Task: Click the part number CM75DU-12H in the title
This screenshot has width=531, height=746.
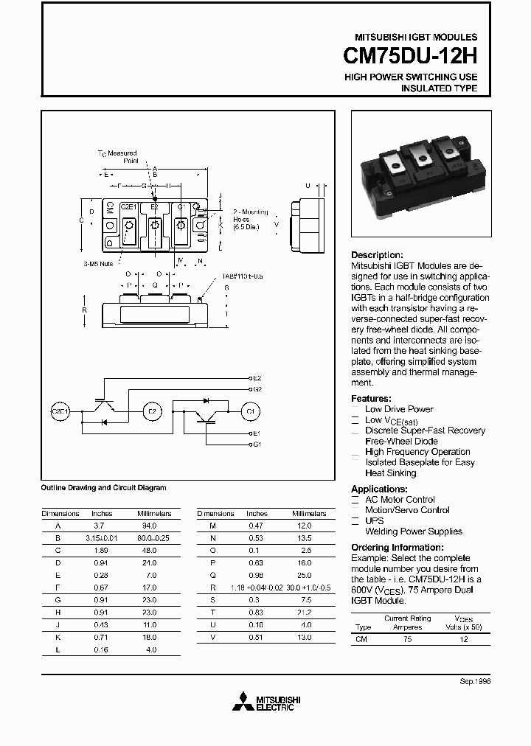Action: pyautogui.click(x=410, y=57)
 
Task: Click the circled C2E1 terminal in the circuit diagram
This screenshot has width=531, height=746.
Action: pyautogui.click(x=59, y=411)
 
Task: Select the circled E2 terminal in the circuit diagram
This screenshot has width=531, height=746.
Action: pyautogui.click(x=152, y=411)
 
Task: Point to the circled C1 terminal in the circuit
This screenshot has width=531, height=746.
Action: pyautogui.click(x=249, y=411)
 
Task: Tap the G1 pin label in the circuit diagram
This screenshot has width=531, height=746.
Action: pyautogui.click(x=257, y=445)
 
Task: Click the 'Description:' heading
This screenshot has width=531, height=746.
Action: pyautogui.click(x=377, y=255)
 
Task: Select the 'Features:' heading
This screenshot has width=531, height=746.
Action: pyautogui.click(x=371, y=398)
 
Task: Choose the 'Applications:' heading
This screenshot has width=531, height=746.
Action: pyautogui.click(x=379, y=489)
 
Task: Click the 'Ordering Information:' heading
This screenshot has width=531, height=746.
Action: pyautogui.click(x=397, y=548)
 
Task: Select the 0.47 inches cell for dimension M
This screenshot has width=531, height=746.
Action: pyautogui.click(x=257, y=526)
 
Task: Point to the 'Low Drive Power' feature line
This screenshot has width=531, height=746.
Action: pyautogui.click(x=399, y=409)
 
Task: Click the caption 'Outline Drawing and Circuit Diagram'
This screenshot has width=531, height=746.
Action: pyautogui.click(x=103, y=487)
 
